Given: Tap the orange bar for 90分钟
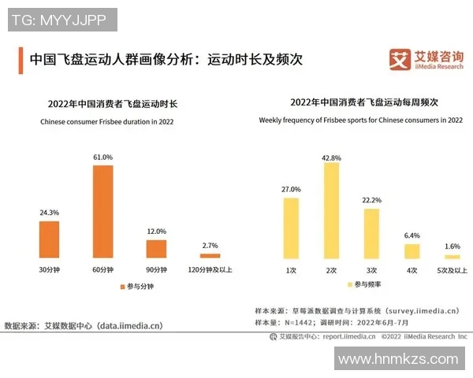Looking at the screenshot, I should [157, 249].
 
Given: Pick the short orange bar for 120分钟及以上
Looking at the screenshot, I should [210, 256].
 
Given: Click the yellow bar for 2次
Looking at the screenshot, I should [330, 211].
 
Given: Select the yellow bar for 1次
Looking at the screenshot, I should [292, 228].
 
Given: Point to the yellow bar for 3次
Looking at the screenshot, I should [371, 233].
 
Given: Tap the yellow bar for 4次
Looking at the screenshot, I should [412, 251].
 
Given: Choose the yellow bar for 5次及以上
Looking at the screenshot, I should [452, 257].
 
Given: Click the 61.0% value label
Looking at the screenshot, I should [103, 157].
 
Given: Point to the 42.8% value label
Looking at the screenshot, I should [331, 157].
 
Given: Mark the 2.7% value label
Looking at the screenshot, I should [210, 246].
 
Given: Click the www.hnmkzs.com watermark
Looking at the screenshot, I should [397, 359].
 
